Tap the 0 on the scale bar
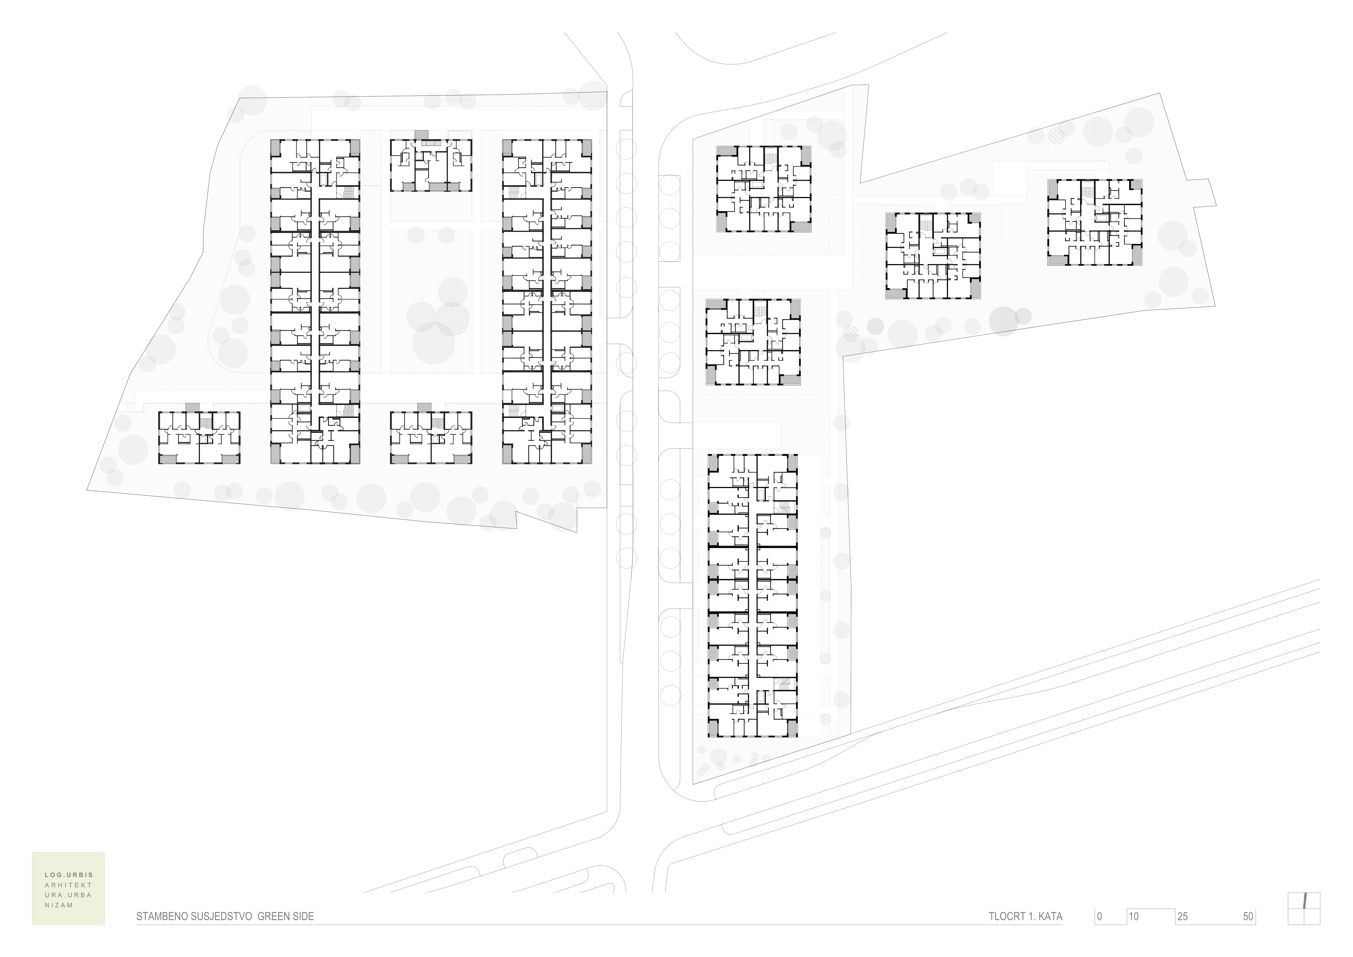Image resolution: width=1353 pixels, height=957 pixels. coord(1100,917)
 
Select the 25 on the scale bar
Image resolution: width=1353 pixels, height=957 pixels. coord(1183,917)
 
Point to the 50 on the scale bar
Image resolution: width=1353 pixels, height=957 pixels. coord(1248,917)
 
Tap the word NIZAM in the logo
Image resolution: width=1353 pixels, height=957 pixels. coord(59,905)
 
